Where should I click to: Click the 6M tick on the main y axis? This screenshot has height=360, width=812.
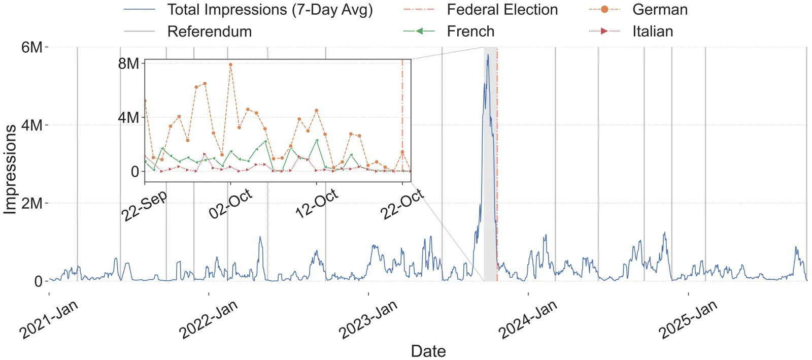point(32,47)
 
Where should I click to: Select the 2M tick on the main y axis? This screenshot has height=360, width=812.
point(32,203)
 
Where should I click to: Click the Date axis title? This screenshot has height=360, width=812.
point(428,351)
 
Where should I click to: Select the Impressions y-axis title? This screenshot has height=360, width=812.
point(10,170)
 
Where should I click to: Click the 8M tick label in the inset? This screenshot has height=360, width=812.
point(128,63)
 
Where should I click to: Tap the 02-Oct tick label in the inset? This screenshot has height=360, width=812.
point(231,204)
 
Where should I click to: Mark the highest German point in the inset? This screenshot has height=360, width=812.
point(230,64)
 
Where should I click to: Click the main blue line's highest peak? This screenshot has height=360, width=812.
point(488,54)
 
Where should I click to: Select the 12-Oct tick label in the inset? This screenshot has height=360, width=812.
point(317,204)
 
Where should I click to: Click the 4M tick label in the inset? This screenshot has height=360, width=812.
point(128,117)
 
